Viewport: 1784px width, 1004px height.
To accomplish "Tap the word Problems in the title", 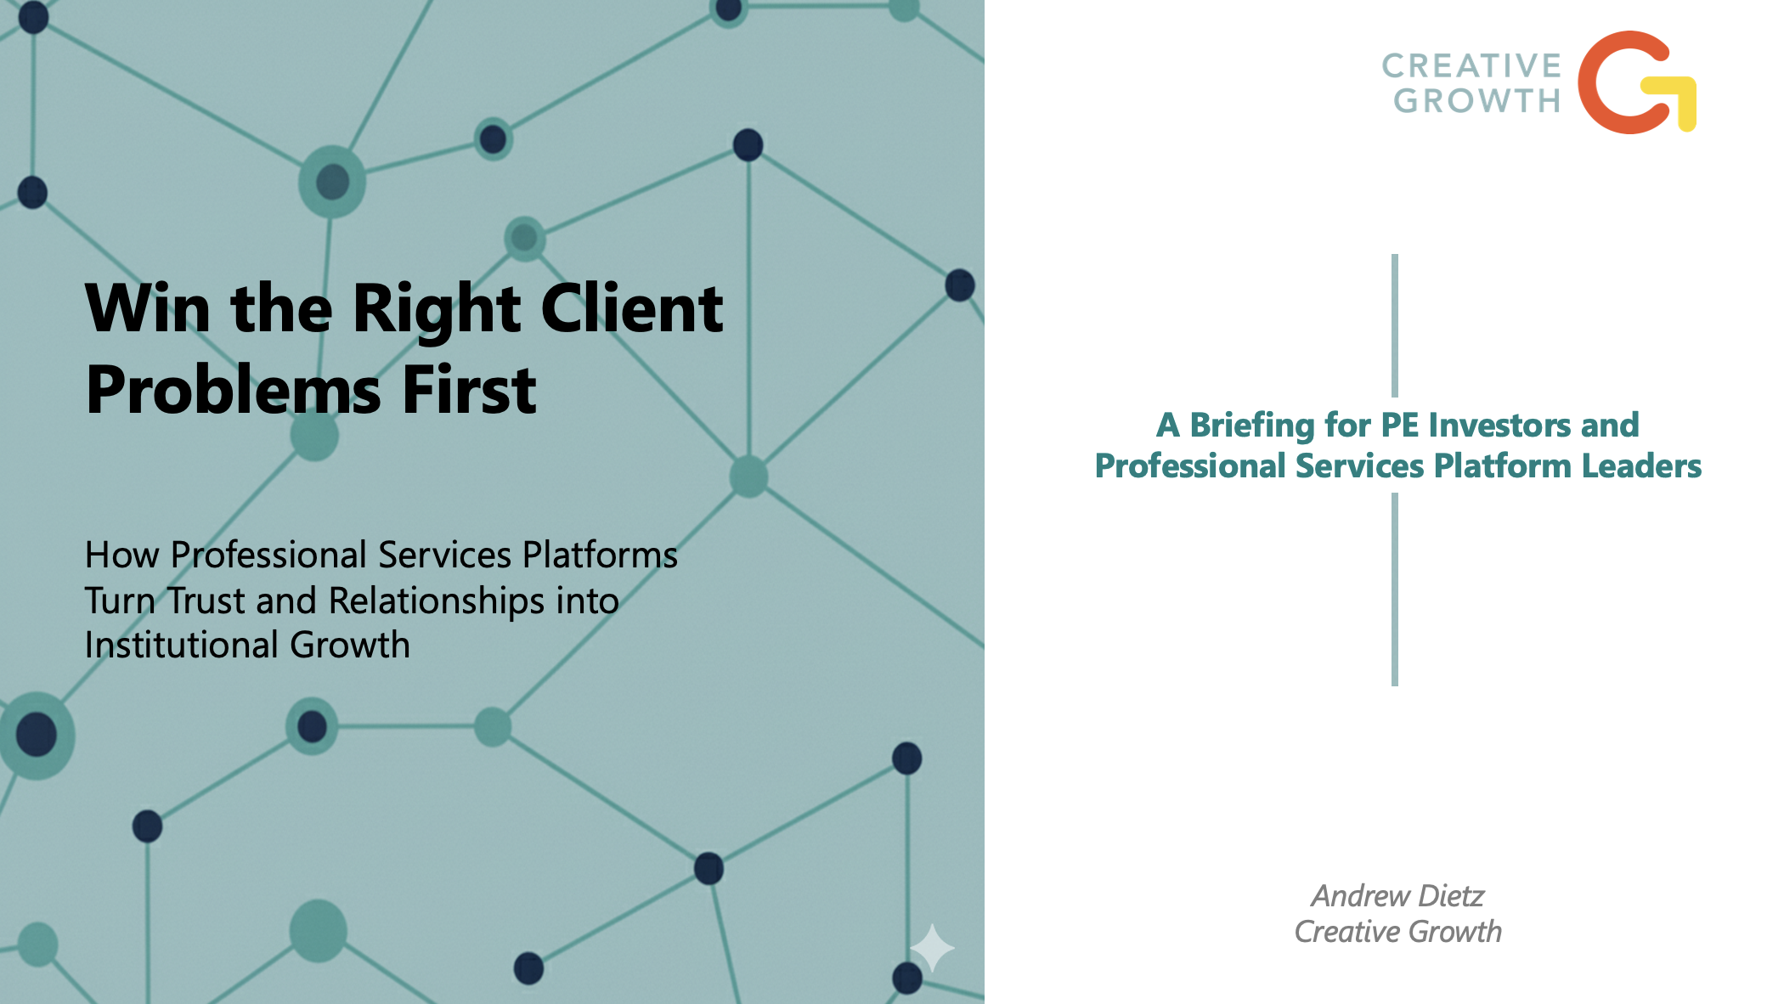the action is [x=233, y=391].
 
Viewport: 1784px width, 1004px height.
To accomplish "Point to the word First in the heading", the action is [x=469, y=391].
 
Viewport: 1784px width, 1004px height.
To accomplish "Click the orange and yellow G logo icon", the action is [x=1634, y=83].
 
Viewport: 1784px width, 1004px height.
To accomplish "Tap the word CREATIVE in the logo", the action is [x=1471, y=65].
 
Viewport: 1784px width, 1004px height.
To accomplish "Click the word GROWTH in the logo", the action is [x=1476, y=101].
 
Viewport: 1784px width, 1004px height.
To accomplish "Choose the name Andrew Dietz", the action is [x=1397, y=896].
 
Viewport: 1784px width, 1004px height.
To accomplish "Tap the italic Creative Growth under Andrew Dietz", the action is [x=1397, y=932].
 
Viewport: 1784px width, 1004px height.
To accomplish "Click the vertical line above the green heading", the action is [x=1395, y=324].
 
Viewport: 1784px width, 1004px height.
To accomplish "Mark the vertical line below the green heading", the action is [x=1395, y=589].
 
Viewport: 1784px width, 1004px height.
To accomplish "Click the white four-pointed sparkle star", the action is [x=932, y=947].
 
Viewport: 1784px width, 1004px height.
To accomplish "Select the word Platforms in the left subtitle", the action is [x=600, y=556].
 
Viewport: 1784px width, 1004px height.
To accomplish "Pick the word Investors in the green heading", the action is [x=1499, y=426].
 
